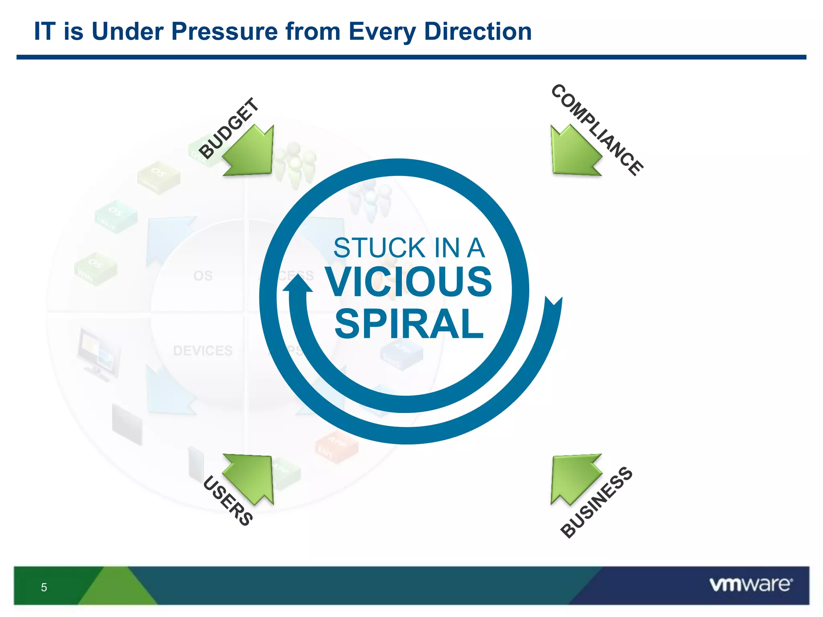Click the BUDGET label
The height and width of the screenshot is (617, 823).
tap(229, 128)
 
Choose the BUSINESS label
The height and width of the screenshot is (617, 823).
tap(596, 502)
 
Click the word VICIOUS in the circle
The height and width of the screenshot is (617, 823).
tap(408, 282)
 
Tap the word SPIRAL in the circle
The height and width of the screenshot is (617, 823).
tap(409, 324)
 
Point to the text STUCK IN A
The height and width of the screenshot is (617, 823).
tap(409, 248)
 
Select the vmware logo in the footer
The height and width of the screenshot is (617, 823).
tap(751, 584)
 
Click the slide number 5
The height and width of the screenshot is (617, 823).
tap(44, 587)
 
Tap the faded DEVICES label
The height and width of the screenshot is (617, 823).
tap(203, 351)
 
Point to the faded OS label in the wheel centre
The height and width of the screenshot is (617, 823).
tap(203, 276)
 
